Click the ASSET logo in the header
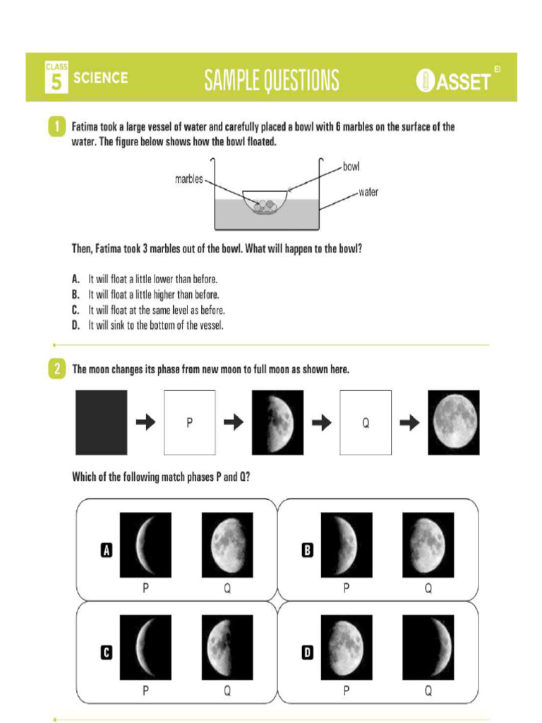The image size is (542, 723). (x=455, y=80)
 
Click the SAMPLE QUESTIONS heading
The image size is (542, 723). (x=272, y=80)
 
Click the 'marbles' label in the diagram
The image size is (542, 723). (x=188, y=179)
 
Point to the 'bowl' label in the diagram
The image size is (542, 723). (x=351, y=167)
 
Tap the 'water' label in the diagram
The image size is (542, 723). (x=368, y=192)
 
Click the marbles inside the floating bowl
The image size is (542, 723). (x=264, y=205)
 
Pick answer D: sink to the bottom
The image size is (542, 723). (x=155, y=325)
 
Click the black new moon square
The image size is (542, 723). (x=102, y=422)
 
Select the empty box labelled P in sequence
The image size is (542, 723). (x=189, y=422)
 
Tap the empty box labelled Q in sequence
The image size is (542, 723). (x=365, y=422)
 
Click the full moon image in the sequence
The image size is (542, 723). (x=453, y=422)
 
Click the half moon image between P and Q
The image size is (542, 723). (x=277, y=422)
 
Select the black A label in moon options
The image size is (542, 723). (x=107, y=551)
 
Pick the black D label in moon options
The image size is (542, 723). (x=307, y=653)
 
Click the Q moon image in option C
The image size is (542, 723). (x=227, y=646)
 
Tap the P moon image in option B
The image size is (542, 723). (x=347, y=544)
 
